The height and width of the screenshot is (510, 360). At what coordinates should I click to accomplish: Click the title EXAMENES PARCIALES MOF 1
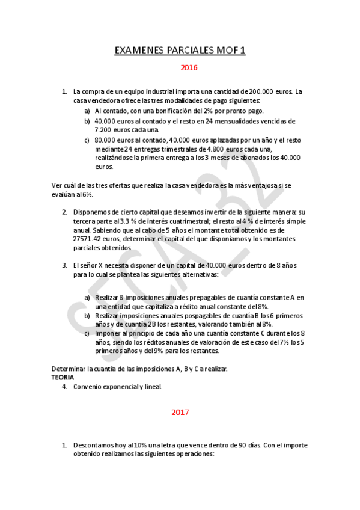tap(180, 51)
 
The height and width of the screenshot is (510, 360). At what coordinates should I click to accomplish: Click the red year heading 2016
tap(189, 68)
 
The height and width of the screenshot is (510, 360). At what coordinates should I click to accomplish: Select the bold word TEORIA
tap(63, 377)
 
